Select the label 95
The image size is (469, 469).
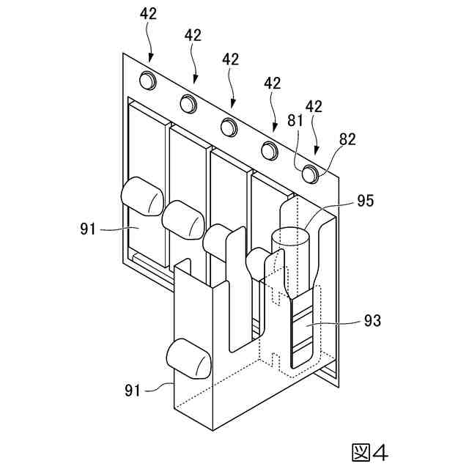coord(366,200)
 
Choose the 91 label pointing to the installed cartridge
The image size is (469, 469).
coord(89,229)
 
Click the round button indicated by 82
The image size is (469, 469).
coord(311,174)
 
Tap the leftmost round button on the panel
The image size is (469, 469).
coord(149,80)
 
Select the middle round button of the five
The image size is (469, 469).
coord(229,126)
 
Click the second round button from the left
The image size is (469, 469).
coord(188,103)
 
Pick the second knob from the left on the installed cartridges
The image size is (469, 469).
coord(183,218)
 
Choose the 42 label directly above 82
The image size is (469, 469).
coord(314,106)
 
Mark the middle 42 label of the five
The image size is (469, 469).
coord(232,59)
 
